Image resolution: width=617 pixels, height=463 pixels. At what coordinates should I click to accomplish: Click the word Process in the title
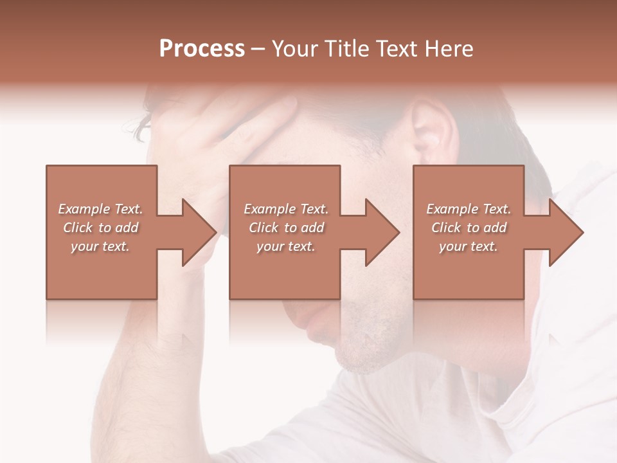coord(202,49)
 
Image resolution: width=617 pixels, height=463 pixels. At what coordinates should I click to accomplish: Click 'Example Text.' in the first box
coord(100,209)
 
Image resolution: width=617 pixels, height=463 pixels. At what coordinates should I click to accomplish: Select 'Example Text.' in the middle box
coord(286,209)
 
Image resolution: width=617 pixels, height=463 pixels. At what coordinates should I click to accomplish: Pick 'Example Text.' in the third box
coord(469,209)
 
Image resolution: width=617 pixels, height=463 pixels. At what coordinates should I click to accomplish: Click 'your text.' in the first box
coord(100,246)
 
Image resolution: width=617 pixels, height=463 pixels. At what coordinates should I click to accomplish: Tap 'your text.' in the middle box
coord(286,246)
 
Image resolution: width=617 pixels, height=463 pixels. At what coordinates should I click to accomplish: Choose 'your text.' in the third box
coord(469,246)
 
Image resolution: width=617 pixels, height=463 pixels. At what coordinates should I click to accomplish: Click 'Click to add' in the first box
coord(100,228)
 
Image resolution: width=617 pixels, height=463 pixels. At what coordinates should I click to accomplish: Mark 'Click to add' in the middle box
coord(286,228)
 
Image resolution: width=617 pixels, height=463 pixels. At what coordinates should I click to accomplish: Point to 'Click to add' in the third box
coord(469,228)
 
